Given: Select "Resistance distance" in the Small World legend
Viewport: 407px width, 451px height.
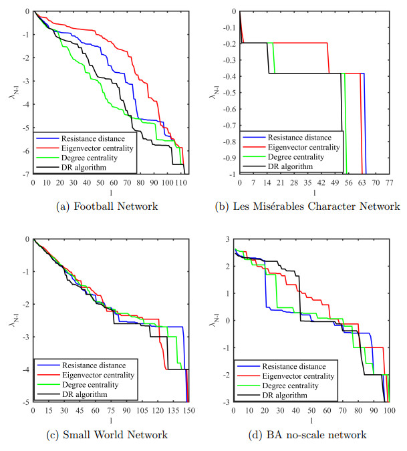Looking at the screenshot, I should click(95, 365).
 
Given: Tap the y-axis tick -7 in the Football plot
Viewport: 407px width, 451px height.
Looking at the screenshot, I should click(25, 174).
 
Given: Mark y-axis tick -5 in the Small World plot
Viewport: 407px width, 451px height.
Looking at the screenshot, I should click(25, 402).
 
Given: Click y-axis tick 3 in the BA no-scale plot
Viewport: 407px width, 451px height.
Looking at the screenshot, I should click(228, 239).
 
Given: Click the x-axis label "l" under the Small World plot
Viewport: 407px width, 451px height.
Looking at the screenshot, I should click(110, 420).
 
